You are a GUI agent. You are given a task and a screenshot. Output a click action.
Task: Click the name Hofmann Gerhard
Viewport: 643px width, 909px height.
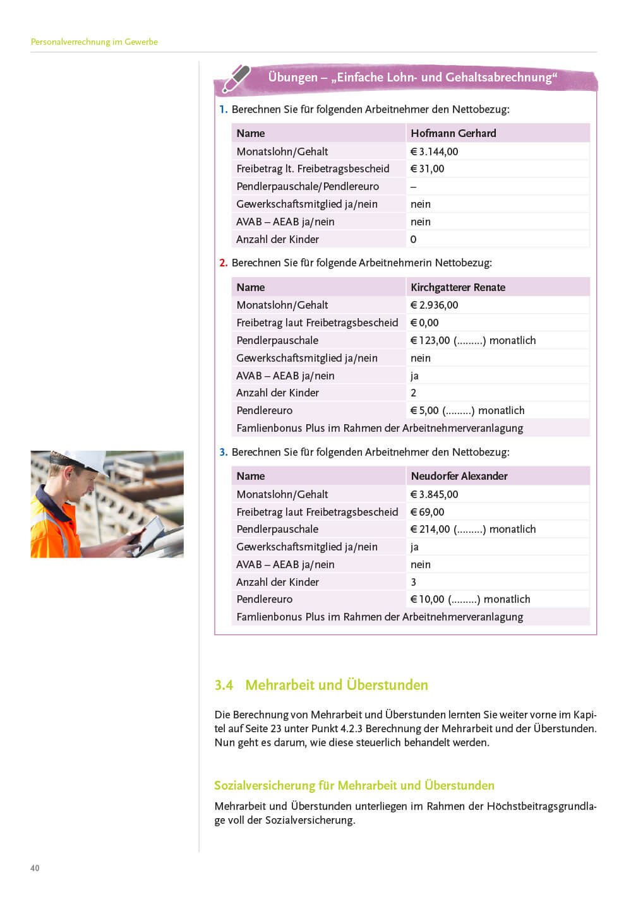[453, 133]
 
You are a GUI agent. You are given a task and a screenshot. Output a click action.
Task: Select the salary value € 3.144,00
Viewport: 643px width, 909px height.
[434, 151]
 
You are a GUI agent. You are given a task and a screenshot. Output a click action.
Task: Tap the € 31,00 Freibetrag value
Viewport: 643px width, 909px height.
[427, 169]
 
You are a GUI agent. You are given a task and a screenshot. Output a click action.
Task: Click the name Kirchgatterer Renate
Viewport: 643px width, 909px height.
[457, 287]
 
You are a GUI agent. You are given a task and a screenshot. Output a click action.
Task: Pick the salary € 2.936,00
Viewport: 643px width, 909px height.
[434, 305]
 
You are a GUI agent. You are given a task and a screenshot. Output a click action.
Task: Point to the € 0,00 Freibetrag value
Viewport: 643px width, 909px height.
[424, 323]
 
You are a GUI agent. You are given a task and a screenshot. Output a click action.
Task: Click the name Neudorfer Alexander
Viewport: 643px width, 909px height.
[459, 476]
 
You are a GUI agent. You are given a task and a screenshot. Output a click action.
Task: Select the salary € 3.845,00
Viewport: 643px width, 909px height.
[434, 494]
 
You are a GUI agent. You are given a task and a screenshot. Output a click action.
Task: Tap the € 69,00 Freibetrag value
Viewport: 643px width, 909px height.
[427, 512]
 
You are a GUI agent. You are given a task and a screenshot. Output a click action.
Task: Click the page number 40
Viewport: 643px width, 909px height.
[35, 868]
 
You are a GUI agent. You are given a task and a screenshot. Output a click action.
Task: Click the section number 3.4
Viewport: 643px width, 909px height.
[224, 685]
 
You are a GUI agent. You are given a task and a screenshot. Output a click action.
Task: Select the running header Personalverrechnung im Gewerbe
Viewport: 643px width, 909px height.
[94, 42]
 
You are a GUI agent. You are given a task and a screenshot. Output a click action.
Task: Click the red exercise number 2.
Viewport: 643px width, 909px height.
[223, 263]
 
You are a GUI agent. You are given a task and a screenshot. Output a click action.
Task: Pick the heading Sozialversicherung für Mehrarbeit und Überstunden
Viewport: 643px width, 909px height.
[354, 785]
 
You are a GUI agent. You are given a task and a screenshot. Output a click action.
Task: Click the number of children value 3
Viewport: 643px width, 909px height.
[413, 582]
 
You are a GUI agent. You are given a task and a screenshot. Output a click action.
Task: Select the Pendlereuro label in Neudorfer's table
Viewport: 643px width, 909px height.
[264, 599]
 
